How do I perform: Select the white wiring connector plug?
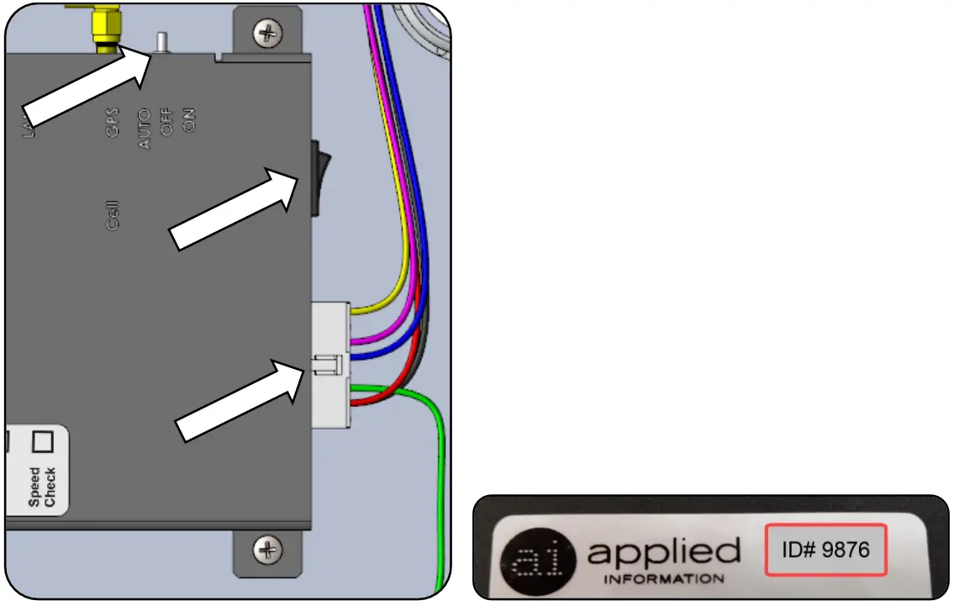tap(331, 365)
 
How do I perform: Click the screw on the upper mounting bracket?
tap(268, 34)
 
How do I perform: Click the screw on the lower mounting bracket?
tap(268, 551)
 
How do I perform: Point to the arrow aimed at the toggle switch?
tap(85, 86)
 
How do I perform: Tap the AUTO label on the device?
tap(145, 129)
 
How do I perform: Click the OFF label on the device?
tap(167, 124)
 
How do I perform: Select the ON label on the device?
tap(189, 121)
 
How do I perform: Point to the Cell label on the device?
tap(113, 214)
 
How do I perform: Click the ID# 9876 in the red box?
tap(825, 551)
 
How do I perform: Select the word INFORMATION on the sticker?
tap(663, 579)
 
